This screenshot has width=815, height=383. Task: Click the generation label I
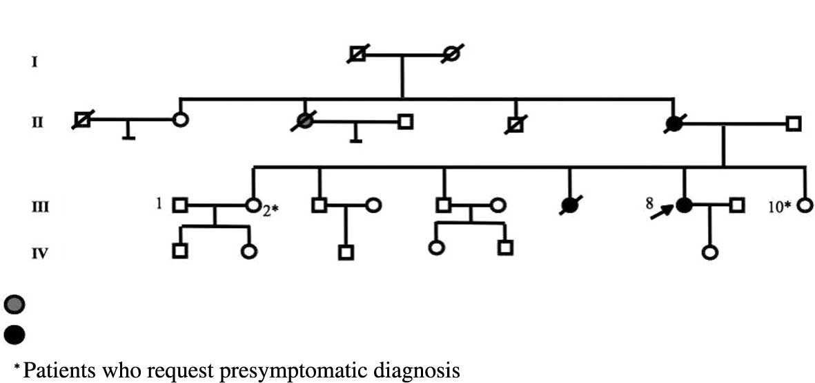(34, 63)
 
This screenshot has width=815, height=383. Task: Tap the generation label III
(40, 205)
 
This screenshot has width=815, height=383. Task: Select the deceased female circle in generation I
(451, 53)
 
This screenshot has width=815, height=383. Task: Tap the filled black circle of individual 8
(684, 205)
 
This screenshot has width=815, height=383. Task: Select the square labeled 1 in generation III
(180, 205)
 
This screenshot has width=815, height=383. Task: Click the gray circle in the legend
(14, 303)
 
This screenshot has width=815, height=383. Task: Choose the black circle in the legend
(14, 335)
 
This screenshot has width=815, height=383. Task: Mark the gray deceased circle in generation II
(304, 122)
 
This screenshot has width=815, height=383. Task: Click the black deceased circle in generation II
(673, 124)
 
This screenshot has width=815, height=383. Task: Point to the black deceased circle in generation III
(571, 205)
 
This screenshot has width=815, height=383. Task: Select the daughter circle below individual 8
(709, 252)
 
